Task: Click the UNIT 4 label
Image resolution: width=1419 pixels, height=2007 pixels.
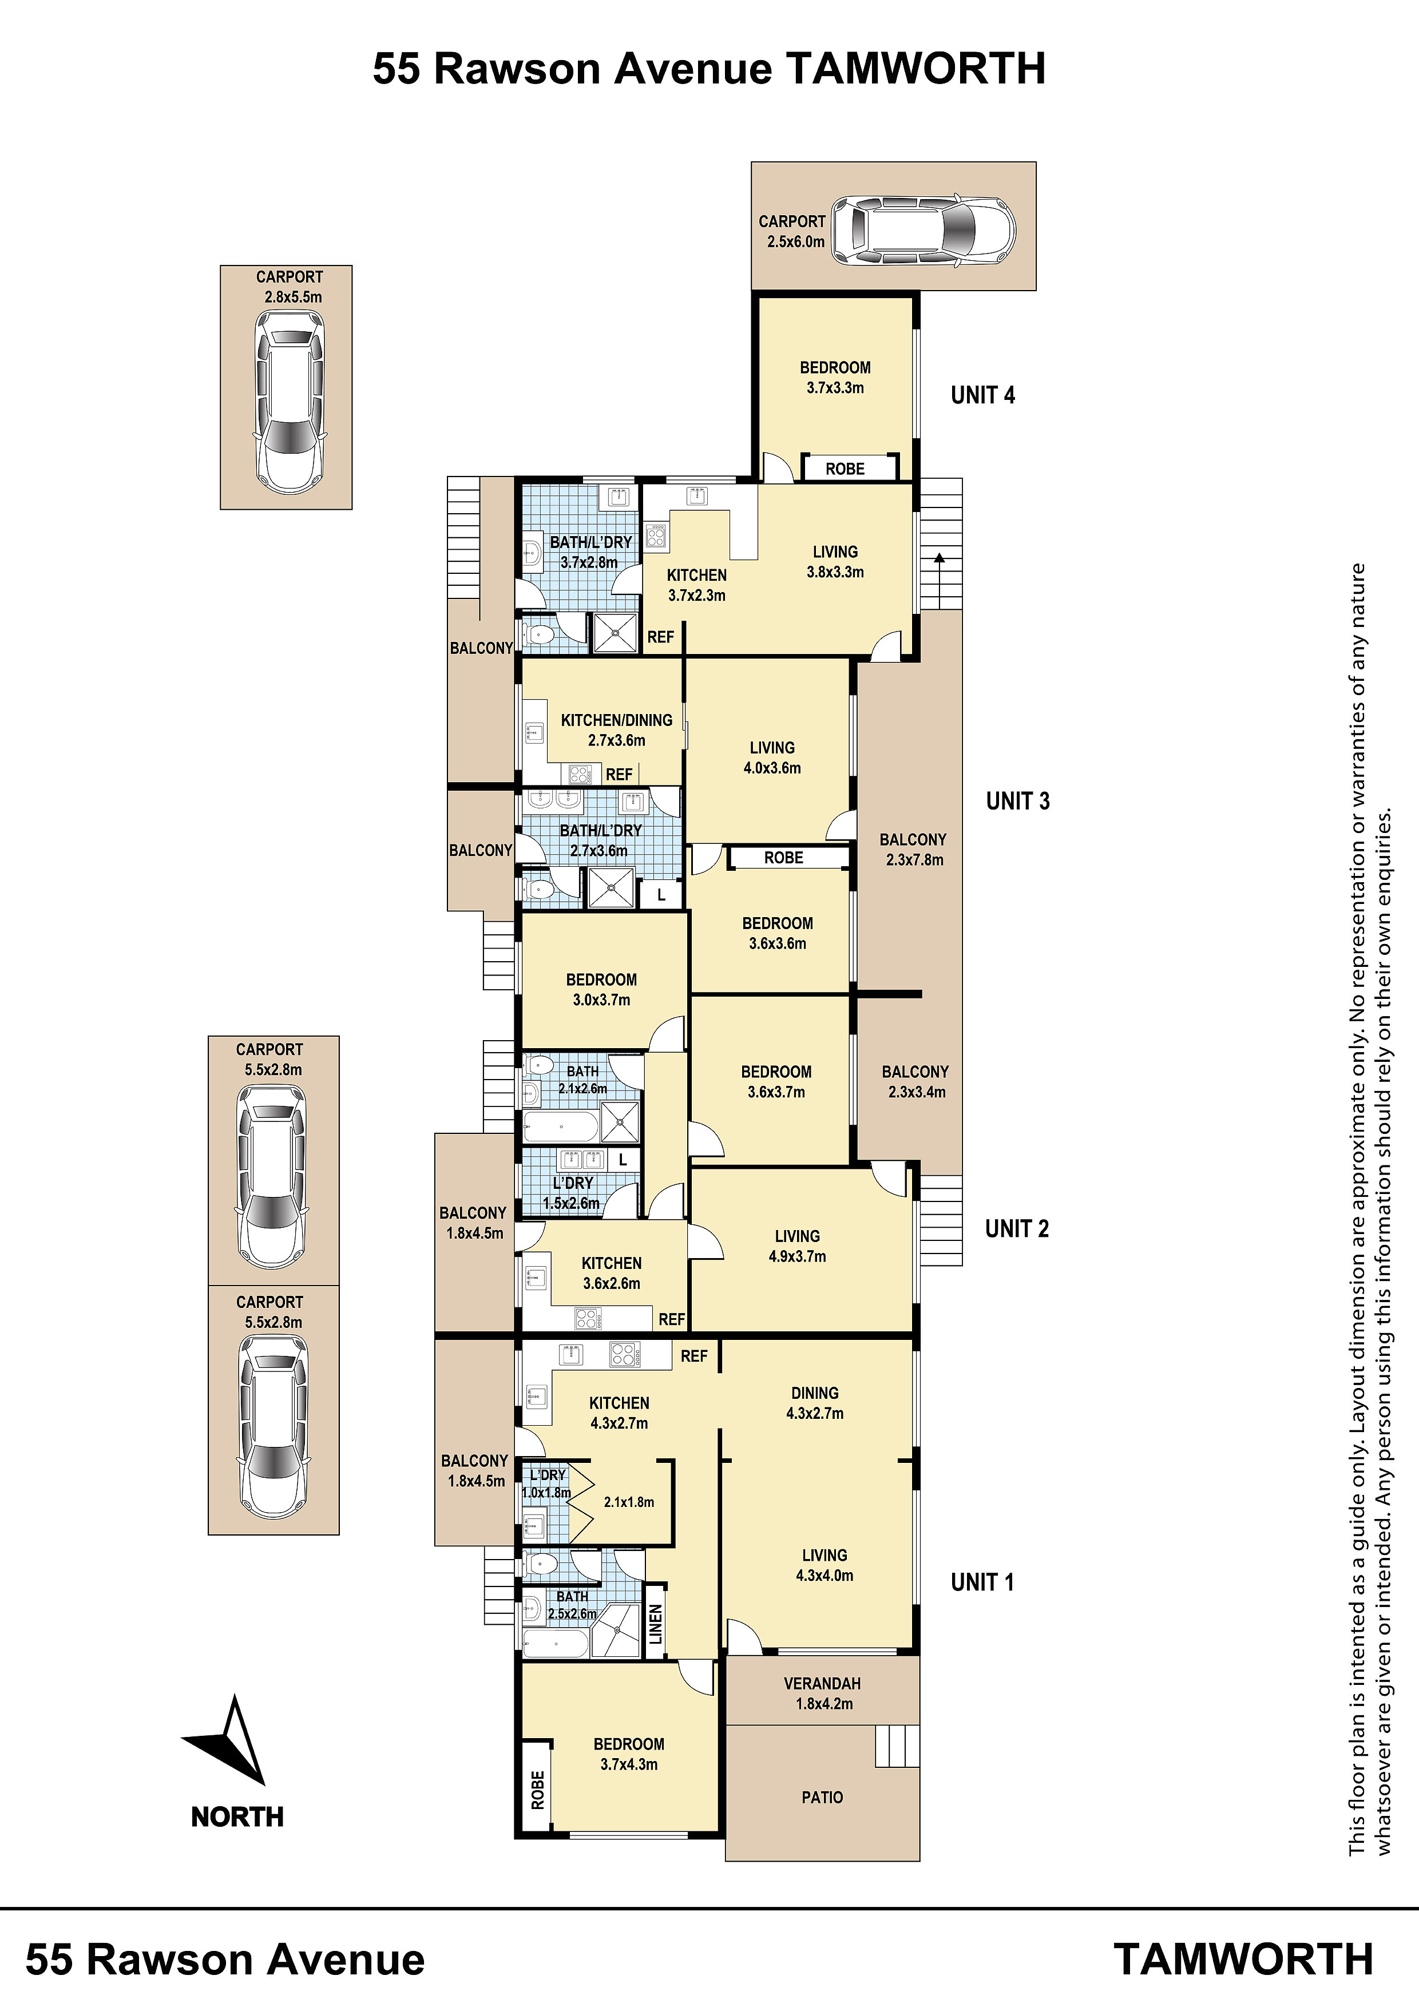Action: [983, 395]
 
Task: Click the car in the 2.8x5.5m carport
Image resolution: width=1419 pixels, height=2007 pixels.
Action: [288, 399]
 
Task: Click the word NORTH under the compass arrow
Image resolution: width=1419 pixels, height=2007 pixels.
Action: [237, 1816]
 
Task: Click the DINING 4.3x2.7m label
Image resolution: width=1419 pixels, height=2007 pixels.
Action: [815, 1403]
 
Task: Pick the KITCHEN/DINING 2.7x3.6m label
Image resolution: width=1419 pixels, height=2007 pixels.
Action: [616, 730]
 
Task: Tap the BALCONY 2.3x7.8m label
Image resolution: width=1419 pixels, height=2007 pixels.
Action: [914, 849]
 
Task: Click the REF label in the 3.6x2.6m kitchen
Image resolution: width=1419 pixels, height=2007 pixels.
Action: [672, 1319]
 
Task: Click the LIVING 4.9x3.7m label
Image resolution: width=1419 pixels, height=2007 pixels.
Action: [798, 1246]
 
